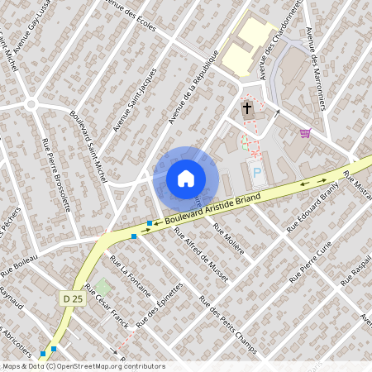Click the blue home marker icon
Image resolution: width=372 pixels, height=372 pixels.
click(x=186, y=177)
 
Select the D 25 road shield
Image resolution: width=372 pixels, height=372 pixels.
click(x=72, y=297)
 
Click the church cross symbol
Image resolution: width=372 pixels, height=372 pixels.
click(x=246, y=108)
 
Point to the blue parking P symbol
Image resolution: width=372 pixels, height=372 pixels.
click(x=258, y=174)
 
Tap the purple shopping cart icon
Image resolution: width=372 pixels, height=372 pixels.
click(x=305, y=132)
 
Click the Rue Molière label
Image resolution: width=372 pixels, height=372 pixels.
click(x=229, y=239)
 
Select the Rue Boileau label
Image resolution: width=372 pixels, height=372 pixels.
click(x=20, y=265)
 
